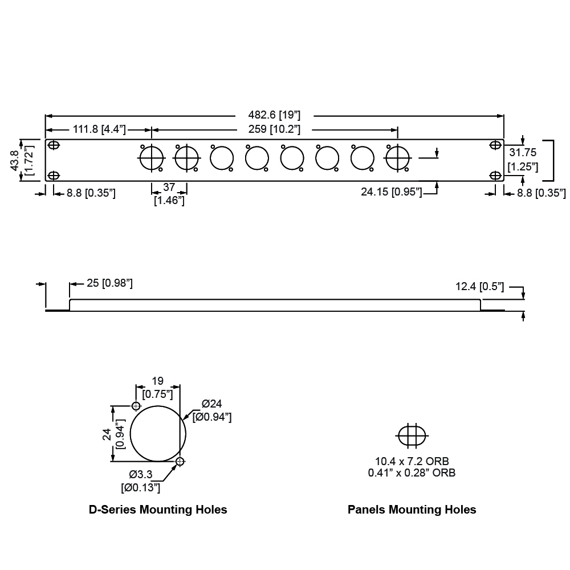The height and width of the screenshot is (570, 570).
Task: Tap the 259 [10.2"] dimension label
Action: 274,129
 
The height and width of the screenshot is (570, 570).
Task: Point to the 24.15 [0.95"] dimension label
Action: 392,192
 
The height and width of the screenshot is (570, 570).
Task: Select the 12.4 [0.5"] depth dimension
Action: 479,287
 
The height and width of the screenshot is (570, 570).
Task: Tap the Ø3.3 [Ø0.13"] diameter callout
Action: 140,481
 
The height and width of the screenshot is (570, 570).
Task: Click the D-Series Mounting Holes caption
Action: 158,510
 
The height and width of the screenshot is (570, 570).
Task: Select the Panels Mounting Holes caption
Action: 412,510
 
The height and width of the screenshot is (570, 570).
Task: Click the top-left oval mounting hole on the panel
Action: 54,145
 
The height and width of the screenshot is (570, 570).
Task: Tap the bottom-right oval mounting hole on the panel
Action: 495,176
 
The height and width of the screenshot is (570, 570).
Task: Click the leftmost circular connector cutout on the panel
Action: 152,158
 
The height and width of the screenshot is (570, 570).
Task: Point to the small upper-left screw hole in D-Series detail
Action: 136,406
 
